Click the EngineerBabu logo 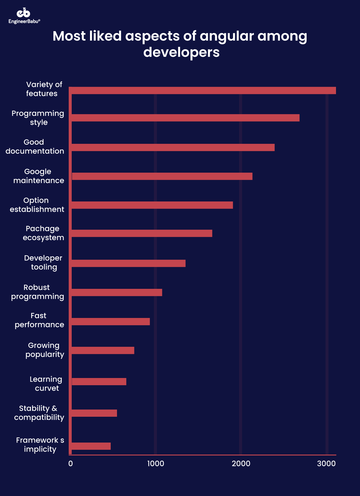click(24, 16)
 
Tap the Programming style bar click(185, 118)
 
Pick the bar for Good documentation click(173, 147)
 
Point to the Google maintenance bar click(162, 176)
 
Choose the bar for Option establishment click(152, 205)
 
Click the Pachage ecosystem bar click(142, 233)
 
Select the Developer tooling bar click(128, 263)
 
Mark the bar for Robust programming click(117, 292)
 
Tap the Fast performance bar click(110, 322)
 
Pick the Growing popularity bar click(103, 350)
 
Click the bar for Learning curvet click(99, 382)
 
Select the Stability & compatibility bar click(94, 413)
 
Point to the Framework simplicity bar click(91, 446)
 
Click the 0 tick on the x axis click(70, 464)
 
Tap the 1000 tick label click(155, 464)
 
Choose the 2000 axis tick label click(241, 464)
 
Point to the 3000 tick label click(326, 464)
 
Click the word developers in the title click(181, 52)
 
